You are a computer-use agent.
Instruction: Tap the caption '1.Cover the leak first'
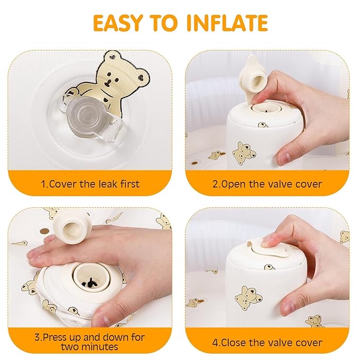click(x=90, y=184)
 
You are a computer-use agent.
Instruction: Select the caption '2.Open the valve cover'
click(x=268, y=184)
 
